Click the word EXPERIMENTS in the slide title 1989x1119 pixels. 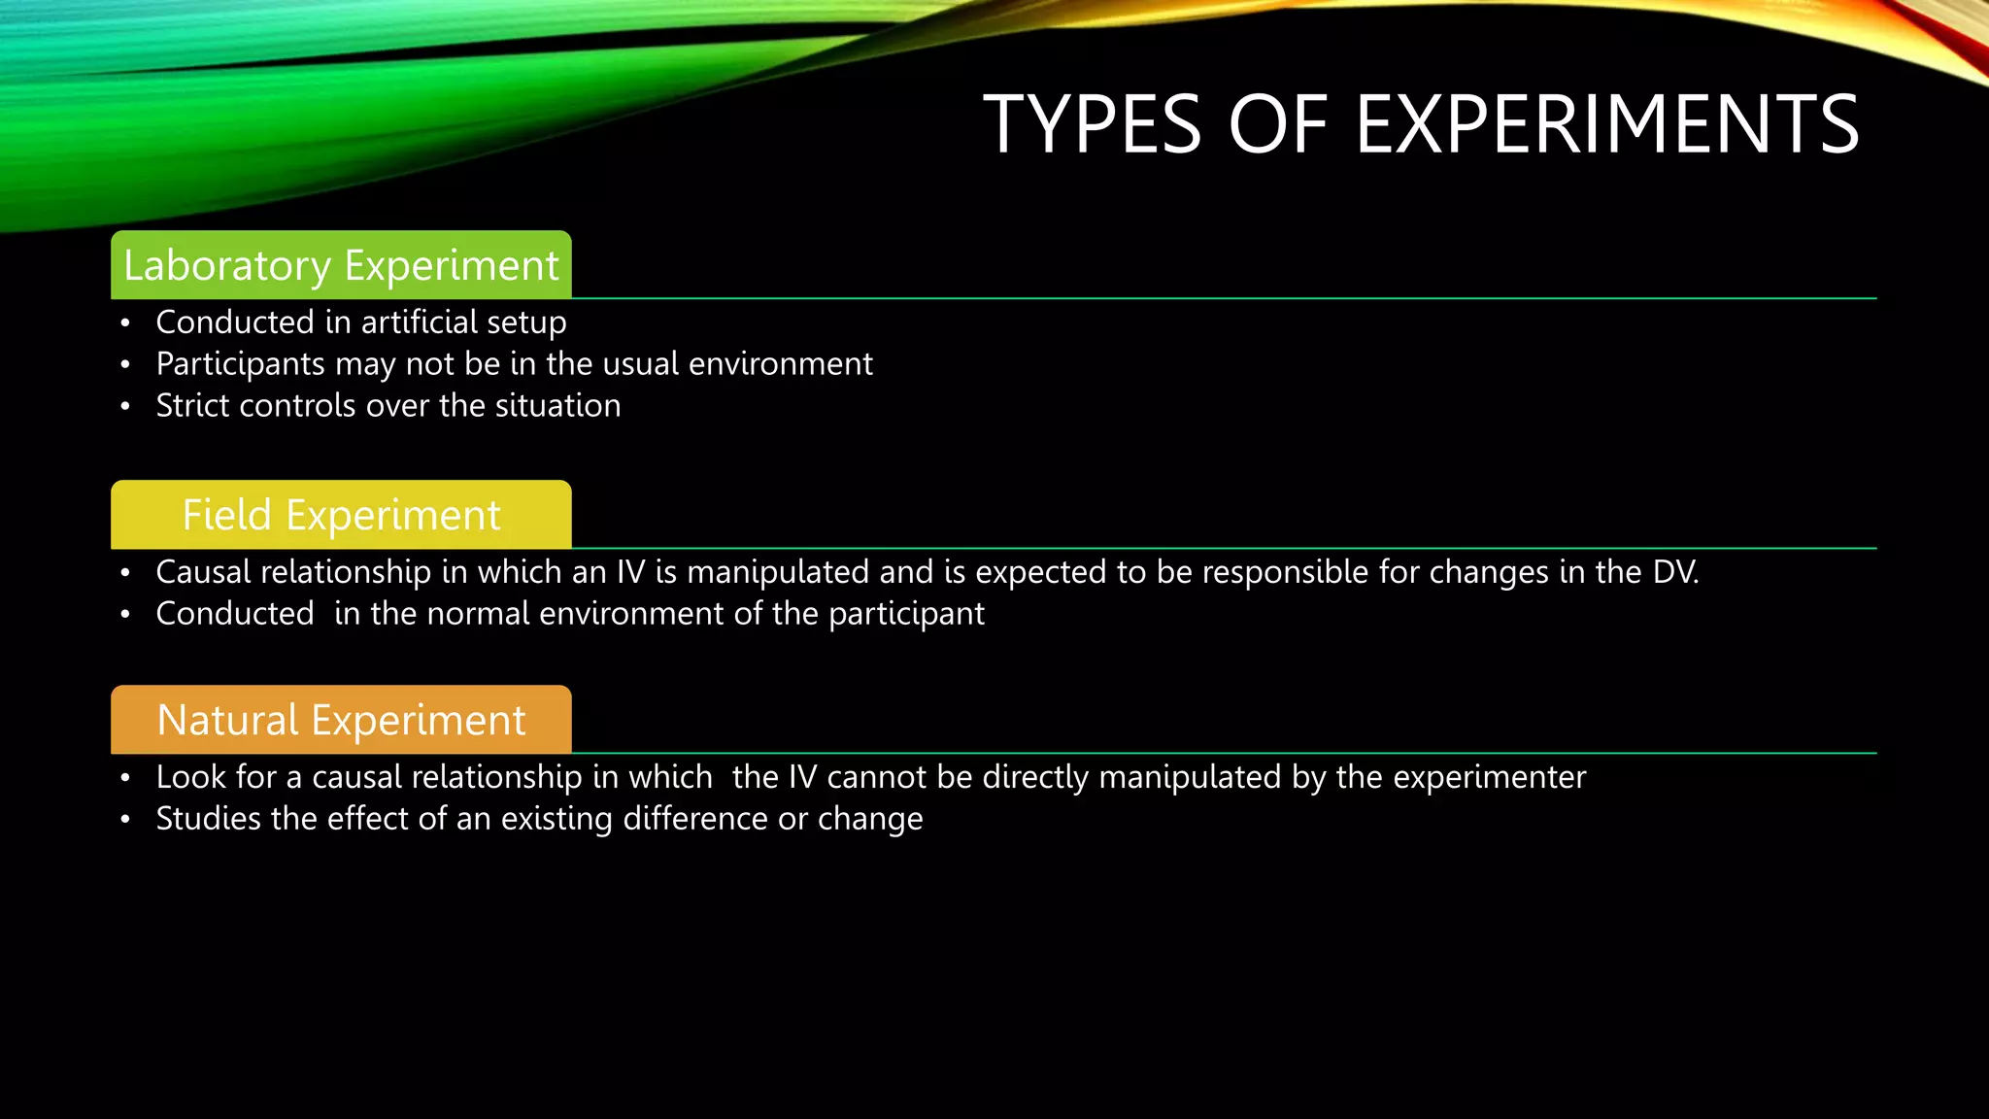(1606, 124)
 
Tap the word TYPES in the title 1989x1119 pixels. (1093, 124)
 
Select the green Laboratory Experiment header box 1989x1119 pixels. (341, 265)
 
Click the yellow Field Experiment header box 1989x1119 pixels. (341, 515)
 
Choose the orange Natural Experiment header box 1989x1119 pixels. (341, 720)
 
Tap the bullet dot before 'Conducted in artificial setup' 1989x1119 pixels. (125, 323)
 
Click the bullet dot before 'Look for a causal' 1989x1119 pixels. (125, 779)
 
